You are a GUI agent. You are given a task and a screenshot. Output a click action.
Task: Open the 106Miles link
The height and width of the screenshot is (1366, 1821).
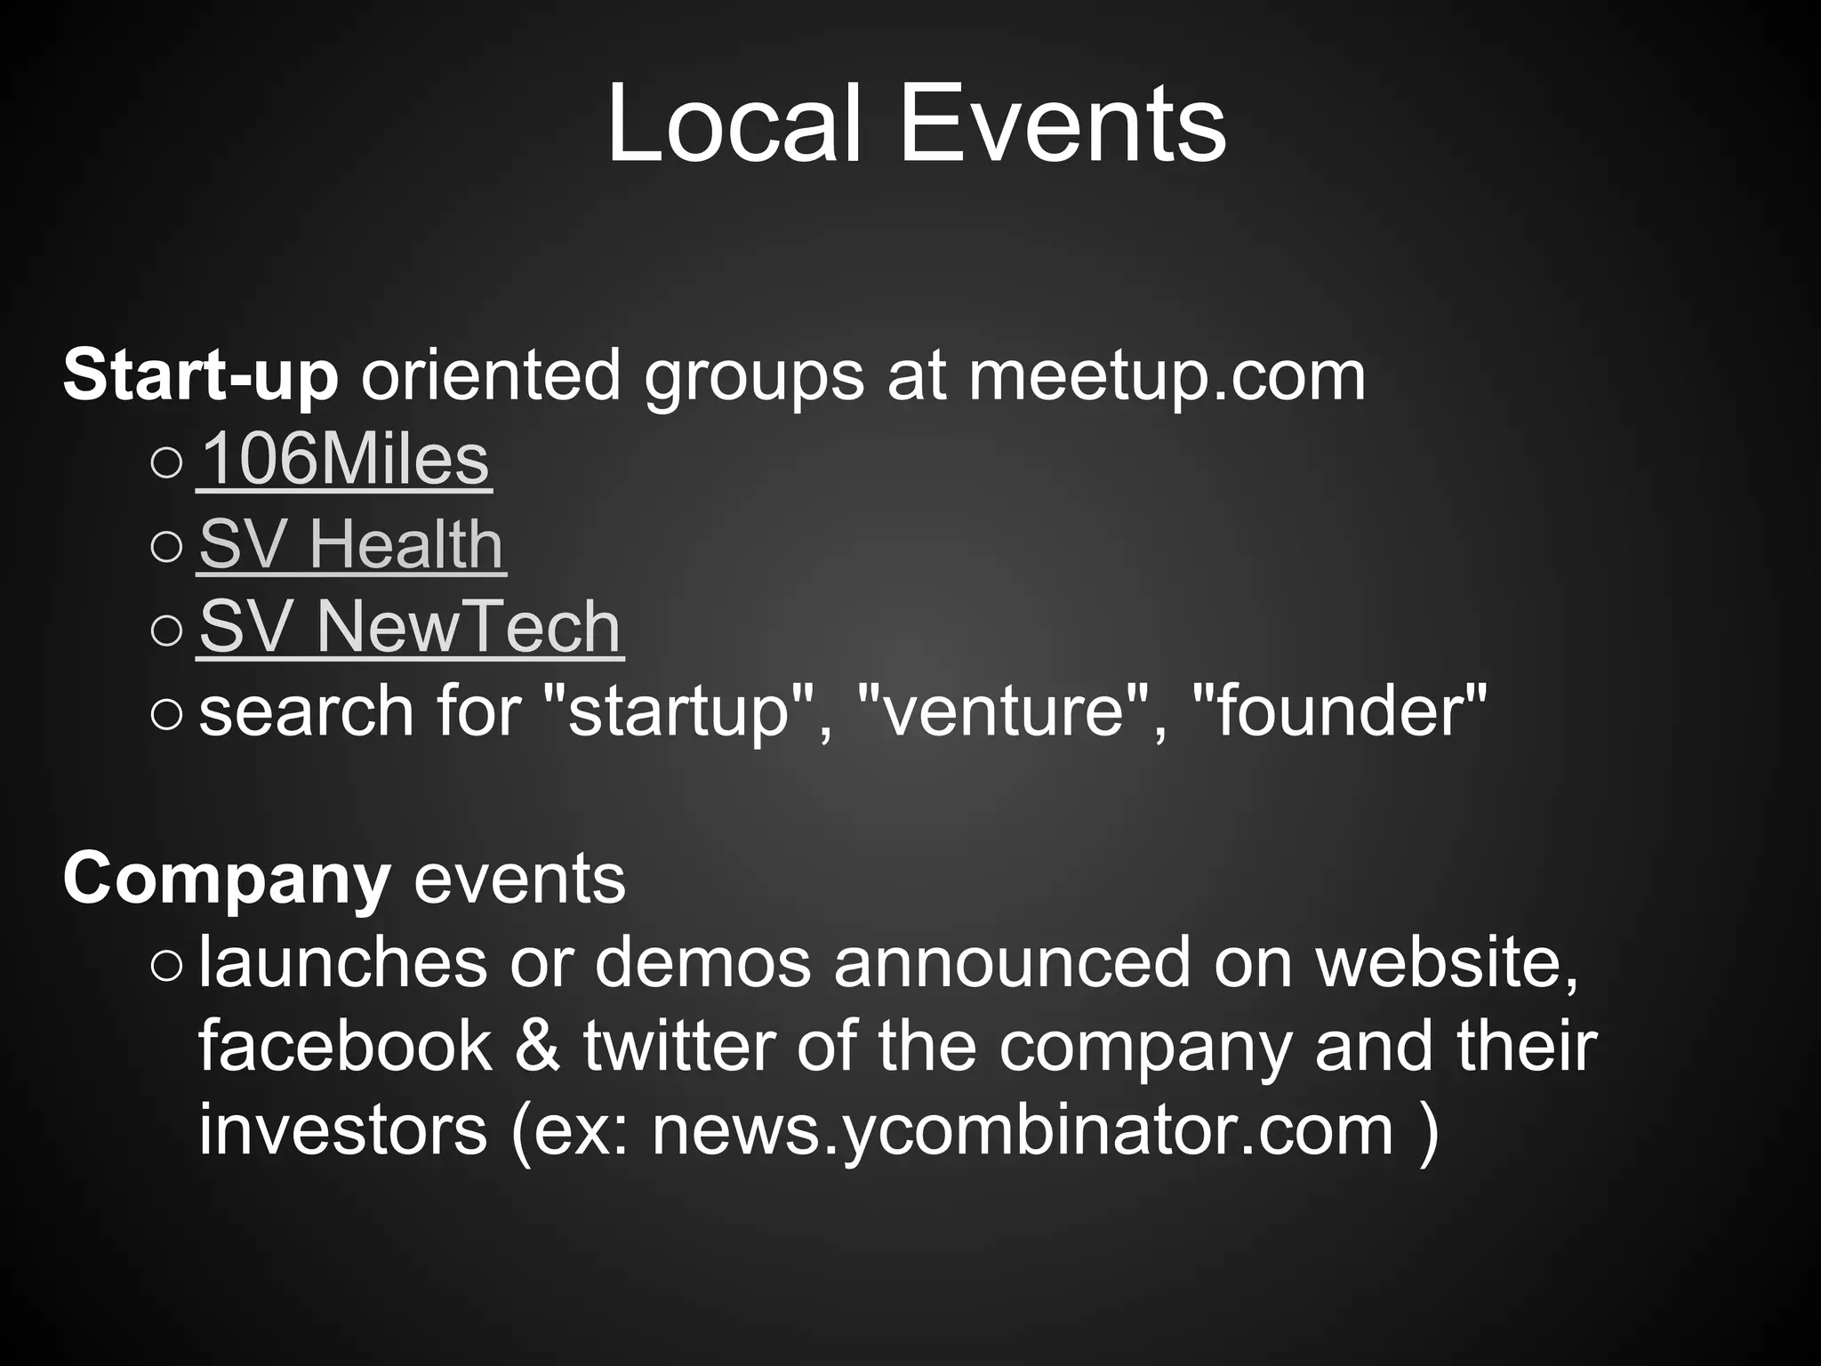coord(344,460)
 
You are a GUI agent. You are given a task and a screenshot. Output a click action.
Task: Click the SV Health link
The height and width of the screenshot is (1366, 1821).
coord(351,543)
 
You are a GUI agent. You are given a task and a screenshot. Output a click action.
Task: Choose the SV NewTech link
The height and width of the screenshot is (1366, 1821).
coord(410,627)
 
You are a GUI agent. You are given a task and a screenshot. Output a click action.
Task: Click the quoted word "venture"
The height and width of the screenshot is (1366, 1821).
coord(1003,711)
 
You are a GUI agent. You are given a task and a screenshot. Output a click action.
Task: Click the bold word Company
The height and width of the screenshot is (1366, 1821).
coord(227,879)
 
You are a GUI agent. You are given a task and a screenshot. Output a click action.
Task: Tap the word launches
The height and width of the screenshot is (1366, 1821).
coord(343,962)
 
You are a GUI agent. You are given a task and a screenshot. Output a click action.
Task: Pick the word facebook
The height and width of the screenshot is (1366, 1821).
coord(345,1046)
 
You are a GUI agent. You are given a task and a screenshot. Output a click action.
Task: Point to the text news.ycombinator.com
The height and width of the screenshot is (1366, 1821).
coord(1023,1129)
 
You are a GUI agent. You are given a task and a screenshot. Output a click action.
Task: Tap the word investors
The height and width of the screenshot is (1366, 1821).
coord(343,1129)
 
